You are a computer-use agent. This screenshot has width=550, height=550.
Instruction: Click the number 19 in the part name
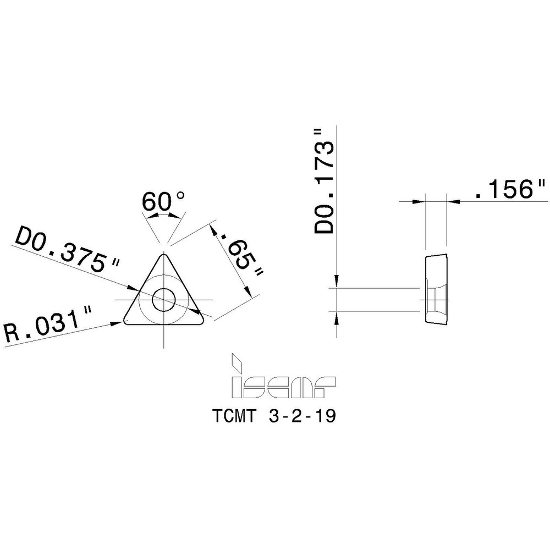tap(325, 416)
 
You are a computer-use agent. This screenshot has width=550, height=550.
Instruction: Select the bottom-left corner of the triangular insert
tap(126, 320)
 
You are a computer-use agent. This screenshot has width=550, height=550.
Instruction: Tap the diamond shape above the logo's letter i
tap(237, 361)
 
